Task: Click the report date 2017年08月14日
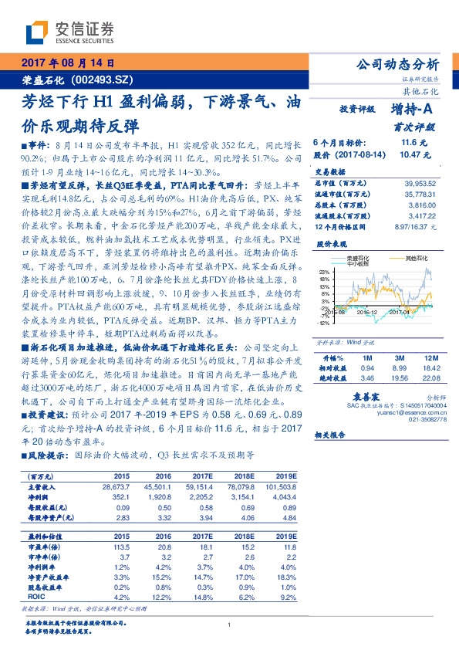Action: (68, 63)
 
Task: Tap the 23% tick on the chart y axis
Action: (326, 272)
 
